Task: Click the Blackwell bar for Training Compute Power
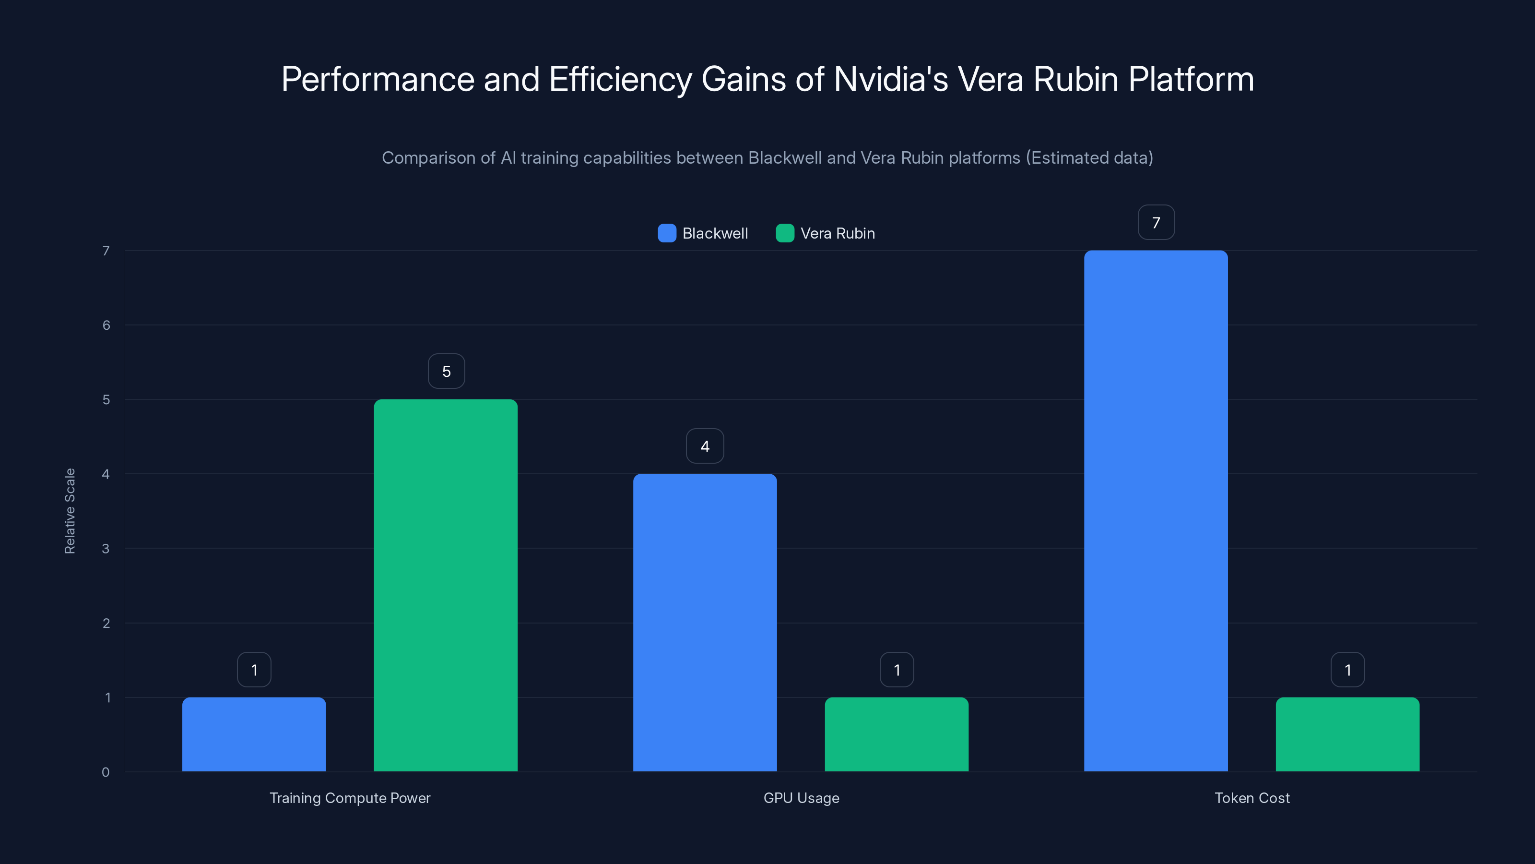(x=254, y=734)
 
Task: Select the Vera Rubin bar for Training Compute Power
(x=446, y=585)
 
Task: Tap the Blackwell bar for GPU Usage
(x=705, y=623)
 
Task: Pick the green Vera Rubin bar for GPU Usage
(x=896, y=734)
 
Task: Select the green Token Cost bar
(x=1347, y=734)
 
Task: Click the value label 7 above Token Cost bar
(x=1156, y=222)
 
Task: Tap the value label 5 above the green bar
(x=446, y=372)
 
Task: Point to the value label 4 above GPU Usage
(x=705, y=446)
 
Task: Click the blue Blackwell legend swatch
(x=667, y=233)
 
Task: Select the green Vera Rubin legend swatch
(x=785, y=233)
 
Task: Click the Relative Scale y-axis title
(x=70, y=511)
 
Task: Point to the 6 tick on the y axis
(x=106, y=325)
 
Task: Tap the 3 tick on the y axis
(x=106, y=549)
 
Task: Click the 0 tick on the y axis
(x=106, y=772)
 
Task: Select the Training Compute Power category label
(x=350, y=798)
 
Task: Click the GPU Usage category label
(x=801, y=798)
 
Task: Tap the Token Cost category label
(x=1252, y=798)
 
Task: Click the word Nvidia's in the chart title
(x=890, y=79)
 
